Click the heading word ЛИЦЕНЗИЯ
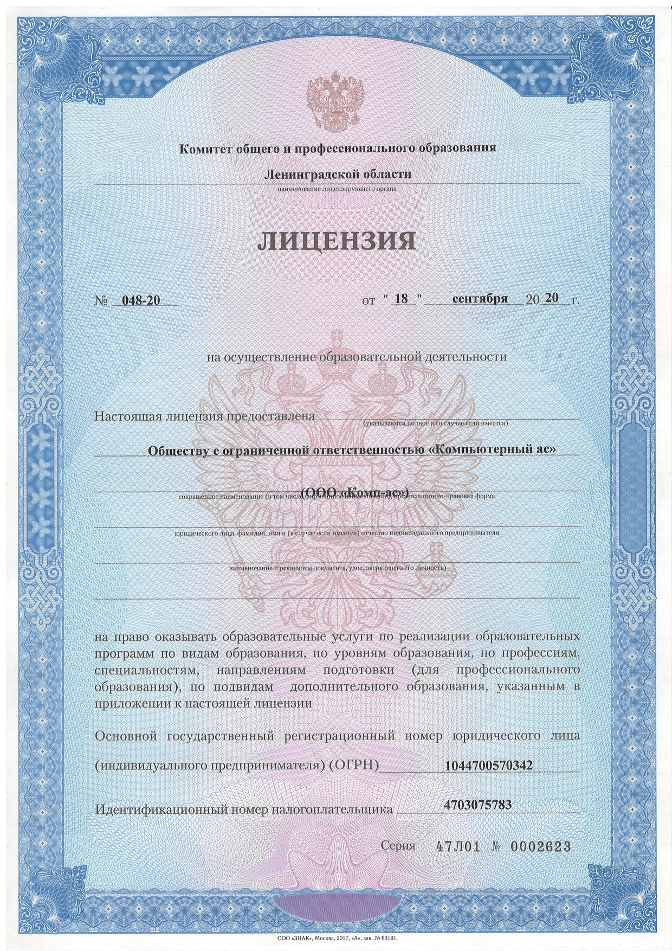pyautogui.click(x=337, y=242)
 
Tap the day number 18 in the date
pyautogui.click(x=401, y=299)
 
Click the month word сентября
pyautogui.click(x=480, y=299)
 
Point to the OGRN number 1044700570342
pyautogui.click(x=488, y=765)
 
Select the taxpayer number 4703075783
pyautogui.click(x=477, y=805)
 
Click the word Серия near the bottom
pyautogui.click(x=398, y=846)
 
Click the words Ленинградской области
pyautogui.click(x=337, y=174)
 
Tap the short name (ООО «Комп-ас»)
pyautogui.click(x=355, y=492)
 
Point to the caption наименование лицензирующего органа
pyautogui.click(x=337, y=189)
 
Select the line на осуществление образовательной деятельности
pyautogui.click(x=357, y=357)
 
